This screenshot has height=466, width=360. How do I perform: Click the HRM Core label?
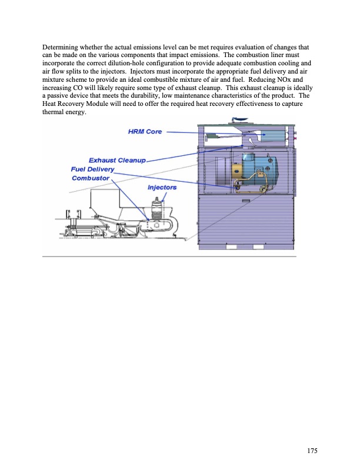[145, 131]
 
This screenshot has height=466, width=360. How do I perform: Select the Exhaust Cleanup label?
[116, 160]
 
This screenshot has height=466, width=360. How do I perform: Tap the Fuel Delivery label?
[92, 169]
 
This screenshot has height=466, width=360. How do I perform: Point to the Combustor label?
[91, 178]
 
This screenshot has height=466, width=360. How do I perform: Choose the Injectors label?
[162, 187]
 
